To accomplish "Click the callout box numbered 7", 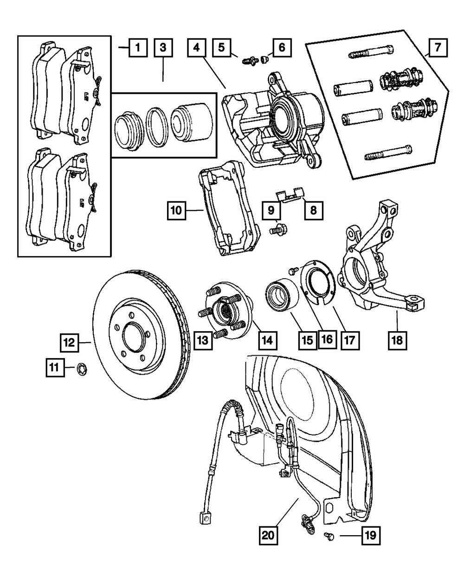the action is pyautogui.click(x=438, y=48).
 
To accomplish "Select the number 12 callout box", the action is pyautogui.click(x=69, y=343).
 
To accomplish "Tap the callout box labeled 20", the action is pyautogui.click(x=268, y=535).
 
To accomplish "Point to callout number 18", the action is pyautogui.click(x=397, y=340).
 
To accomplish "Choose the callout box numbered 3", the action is pyautogui.click(x=163, y=48).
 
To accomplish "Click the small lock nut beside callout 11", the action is pyautogui.click(x=82, y=370).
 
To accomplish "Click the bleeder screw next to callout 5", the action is pyautogui.click(x=250, y=60).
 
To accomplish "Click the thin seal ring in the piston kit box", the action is pyautogui.click(x=157, y=127).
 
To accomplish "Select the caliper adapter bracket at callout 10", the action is pyautogui.click(x=229, y=209).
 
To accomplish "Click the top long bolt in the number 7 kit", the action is pyautogui.click(x=371, y=52).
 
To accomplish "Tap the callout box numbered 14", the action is pyautogui.click(x=267, y=340).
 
